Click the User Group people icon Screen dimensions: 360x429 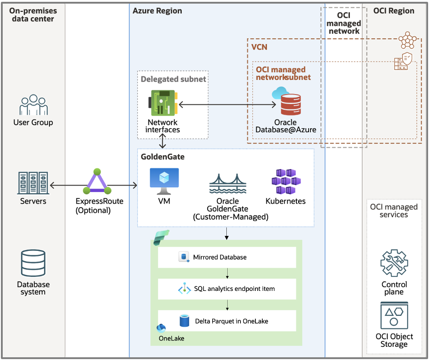click(33, 105)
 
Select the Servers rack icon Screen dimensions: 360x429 click(33, 183)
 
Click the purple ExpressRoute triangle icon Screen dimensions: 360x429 click(96, 182)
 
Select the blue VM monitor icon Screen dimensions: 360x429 click(164, 180)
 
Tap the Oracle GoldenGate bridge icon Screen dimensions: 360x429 click(228, 184)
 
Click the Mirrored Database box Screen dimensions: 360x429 click(227, 257)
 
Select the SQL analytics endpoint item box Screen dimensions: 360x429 click(227, 289)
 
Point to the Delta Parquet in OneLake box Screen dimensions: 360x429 click(227, 321)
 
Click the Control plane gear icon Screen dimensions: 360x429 click(394, 263)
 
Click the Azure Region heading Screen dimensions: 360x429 click(157, 10)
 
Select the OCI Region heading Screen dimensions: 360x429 click(394, 10)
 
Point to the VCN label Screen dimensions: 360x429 click(259, 47)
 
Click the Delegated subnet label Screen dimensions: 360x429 click(173, 79)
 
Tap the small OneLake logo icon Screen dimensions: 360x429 click(161, 328)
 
